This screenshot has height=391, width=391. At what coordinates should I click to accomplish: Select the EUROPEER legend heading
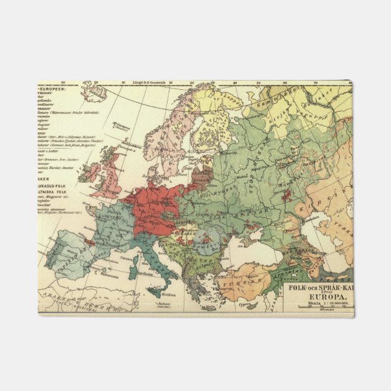(55, 89)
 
